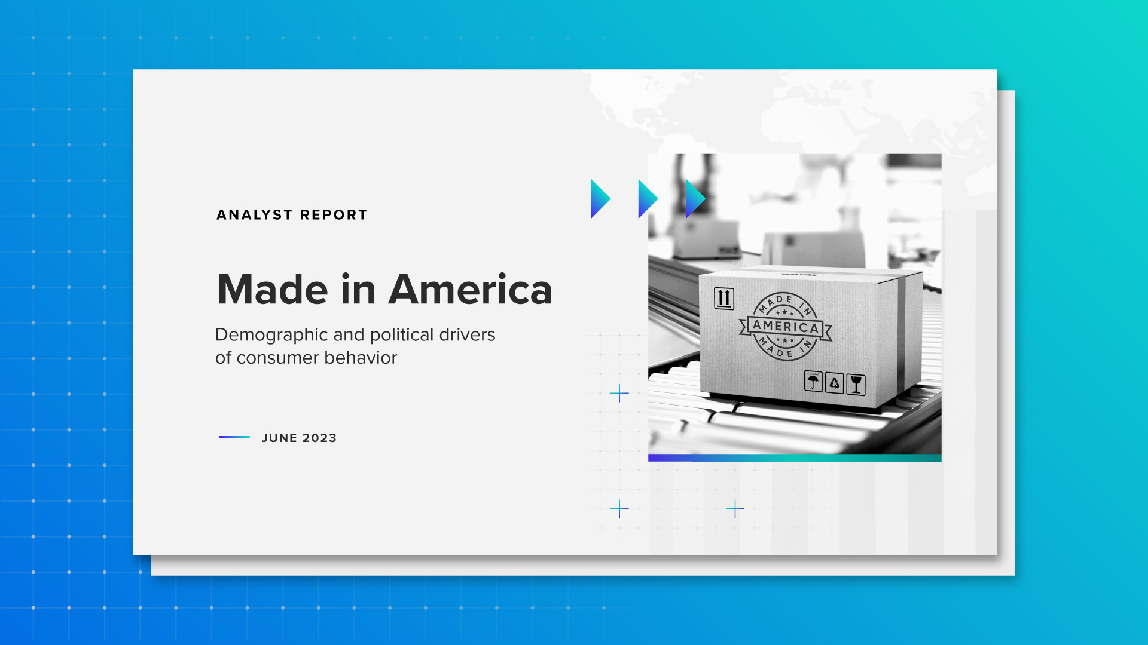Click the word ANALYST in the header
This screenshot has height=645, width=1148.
[x=254, y=215]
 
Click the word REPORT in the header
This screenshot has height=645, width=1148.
[x=334, y=215]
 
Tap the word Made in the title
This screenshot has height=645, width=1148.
[x=273, y=290]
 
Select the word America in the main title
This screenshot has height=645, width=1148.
[x=470, y=290]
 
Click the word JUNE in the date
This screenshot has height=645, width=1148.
[x=279, y=438]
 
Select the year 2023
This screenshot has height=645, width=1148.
[x=319, y=438]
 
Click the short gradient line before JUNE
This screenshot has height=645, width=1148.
[x=234, y=437]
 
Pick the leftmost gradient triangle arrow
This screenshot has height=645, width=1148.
[x=599, y=199]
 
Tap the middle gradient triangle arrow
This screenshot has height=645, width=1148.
[x=647, y=199]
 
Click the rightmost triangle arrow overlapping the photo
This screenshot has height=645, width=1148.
[x=694, y=199]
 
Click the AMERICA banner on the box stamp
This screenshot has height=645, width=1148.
[x=786, y=327]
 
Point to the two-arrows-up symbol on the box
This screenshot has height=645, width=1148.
[x=723, y=298]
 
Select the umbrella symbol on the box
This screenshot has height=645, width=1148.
[x=813, y=381]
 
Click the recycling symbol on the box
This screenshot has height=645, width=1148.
[x=834, y=383]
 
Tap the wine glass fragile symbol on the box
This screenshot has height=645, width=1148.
[x=856, y=385]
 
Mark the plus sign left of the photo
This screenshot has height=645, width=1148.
[x=619, y=393]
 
